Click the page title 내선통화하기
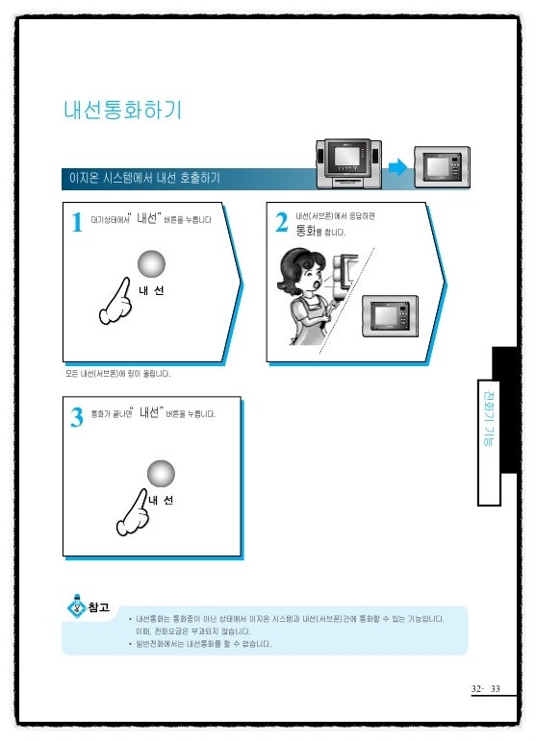tap(120, 111)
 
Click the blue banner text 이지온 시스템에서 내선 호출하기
tap(140, 178)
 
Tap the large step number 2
tap(281, 223)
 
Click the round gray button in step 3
tap(161, 473)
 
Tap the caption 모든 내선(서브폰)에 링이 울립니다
tap(118, 373)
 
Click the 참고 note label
tap(97, 607)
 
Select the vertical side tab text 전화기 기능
tap(489, 428)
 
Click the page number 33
tap(496, 689)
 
